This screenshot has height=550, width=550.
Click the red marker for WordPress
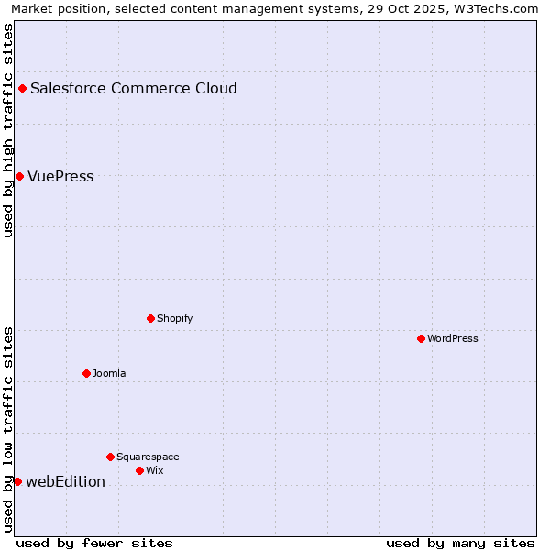click(421, 338)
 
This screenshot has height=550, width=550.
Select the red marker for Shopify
click(150, 318)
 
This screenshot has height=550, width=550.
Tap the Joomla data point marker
click(86, 373)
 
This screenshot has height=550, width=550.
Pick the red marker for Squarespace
click(110, 456)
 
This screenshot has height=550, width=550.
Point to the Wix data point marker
click(139, 470)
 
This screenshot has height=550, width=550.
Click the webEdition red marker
click(17, 481)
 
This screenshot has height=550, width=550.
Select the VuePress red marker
click(19, 176)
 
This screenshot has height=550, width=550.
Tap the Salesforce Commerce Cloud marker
click(22, 88)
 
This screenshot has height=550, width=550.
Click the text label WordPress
click(453, 338)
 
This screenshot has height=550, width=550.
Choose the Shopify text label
click(175, 318)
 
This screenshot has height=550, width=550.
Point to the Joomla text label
click(109, 373)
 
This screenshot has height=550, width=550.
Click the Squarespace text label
click(148, 456)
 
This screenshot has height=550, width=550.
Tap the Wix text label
click(155, 470)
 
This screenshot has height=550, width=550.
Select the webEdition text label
click(65, 481)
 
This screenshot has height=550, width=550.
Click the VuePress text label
click(60, 176)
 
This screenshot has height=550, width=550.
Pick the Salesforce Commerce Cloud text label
click(134, 88)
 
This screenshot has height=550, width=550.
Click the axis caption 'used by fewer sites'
click(94, 543)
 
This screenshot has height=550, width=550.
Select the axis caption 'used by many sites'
click(460, 543)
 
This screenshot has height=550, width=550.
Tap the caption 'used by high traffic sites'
click(8, 130)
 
